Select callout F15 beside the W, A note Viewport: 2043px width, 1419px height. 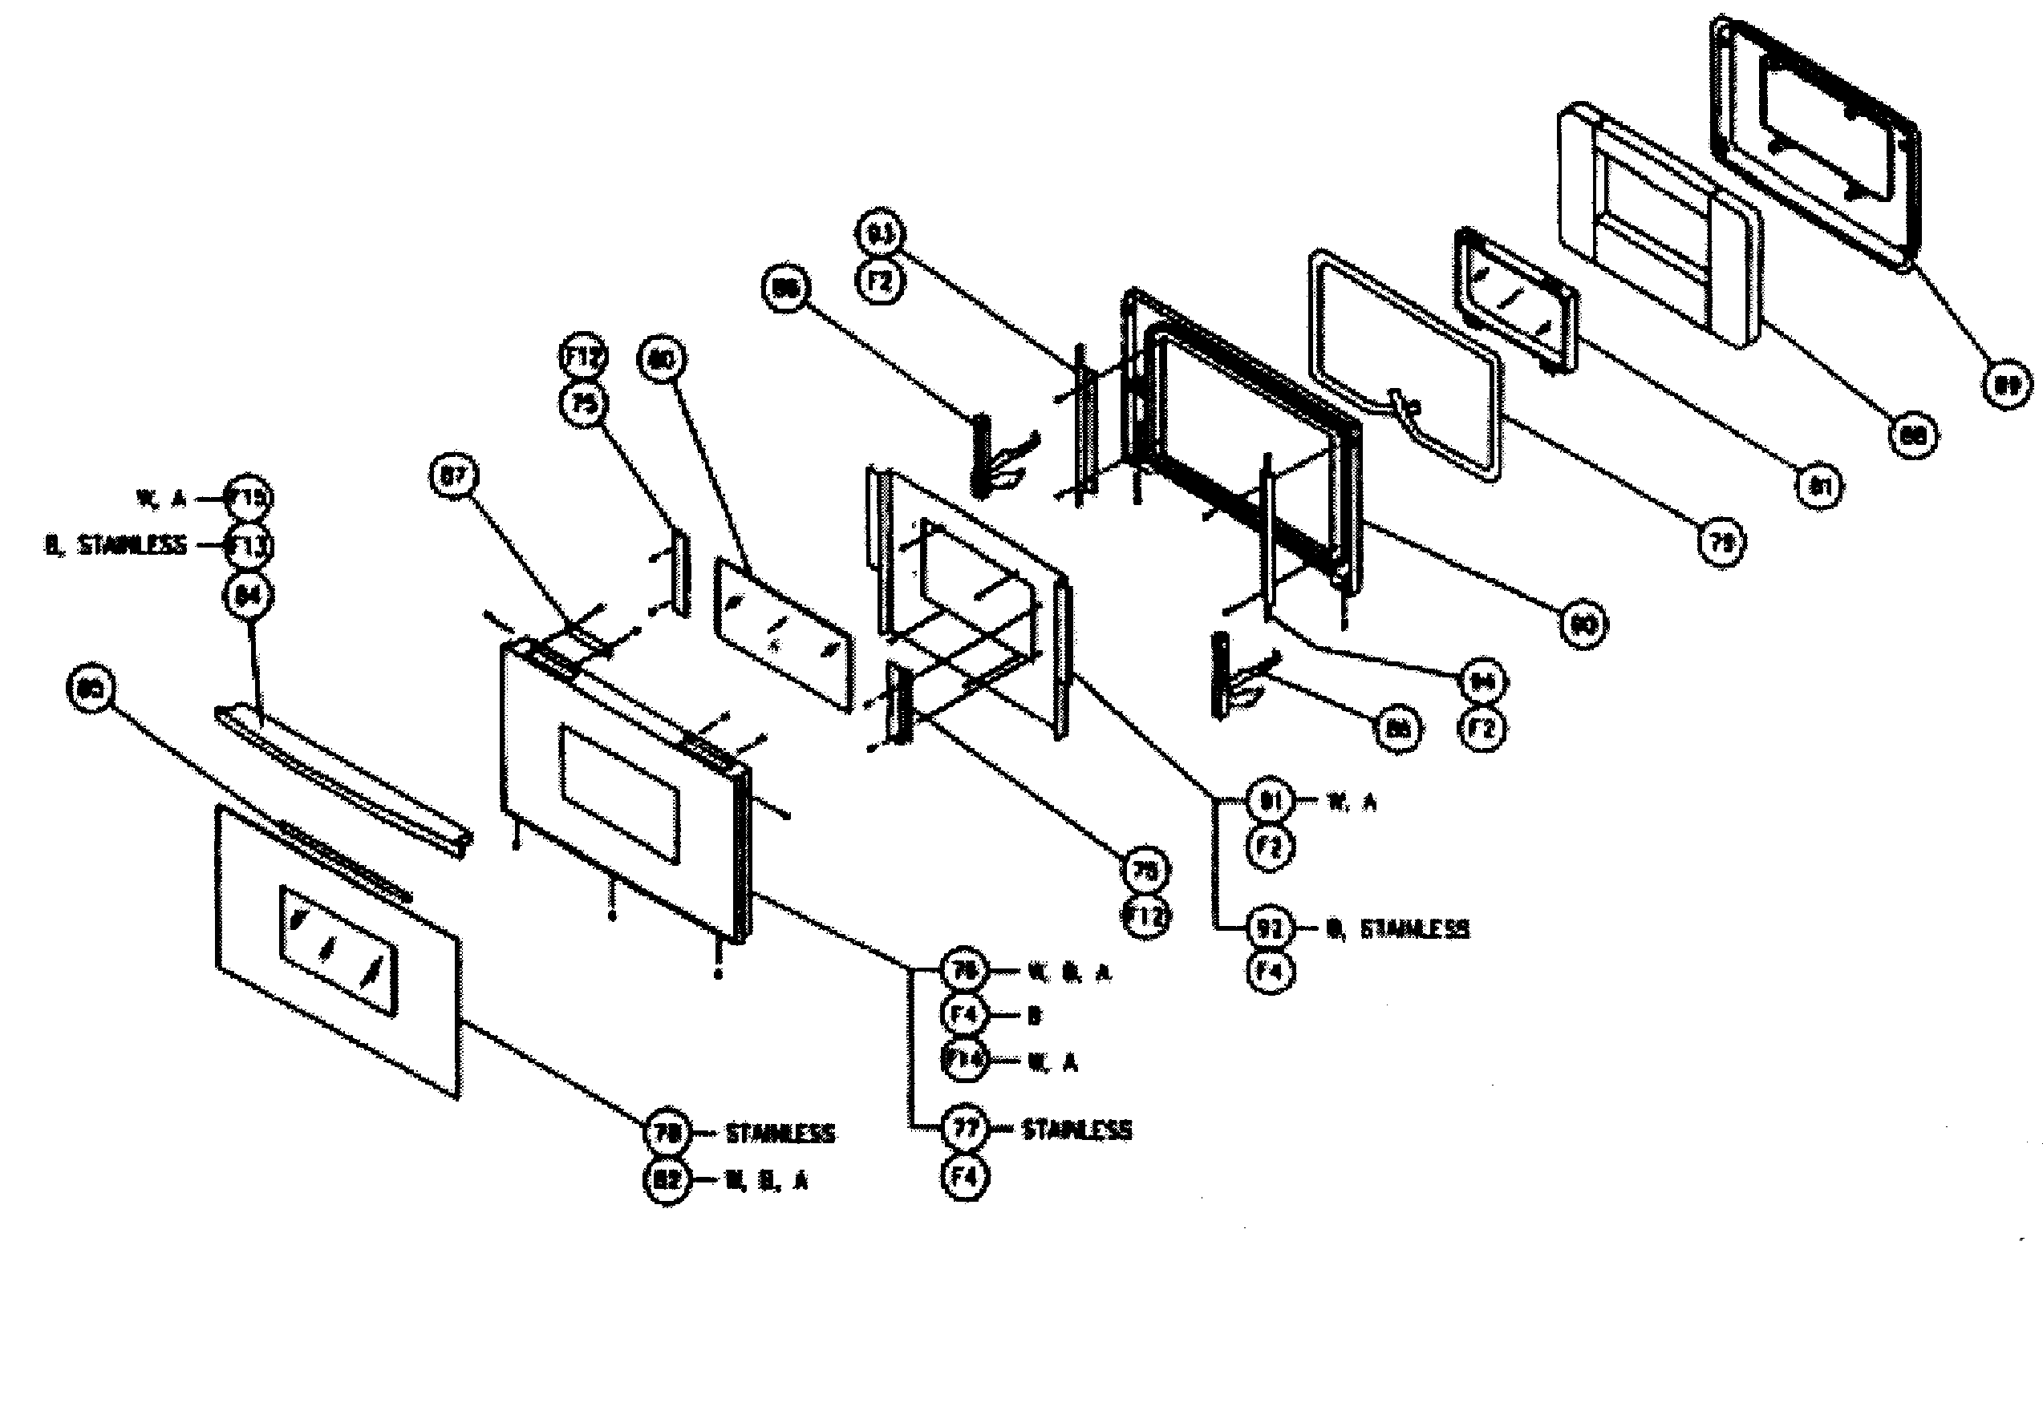pyautogui.click(x=248, y=498)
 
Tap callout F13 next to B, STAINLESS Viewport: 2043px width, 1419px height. pyautogui.click(x=248, y=545)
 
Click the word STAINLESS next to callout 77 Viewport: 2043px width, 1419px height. pyautogui.click(x=1076, y=1130)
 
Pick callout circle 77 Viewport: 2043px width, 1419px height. pyautogui.click(x=965, y=1129)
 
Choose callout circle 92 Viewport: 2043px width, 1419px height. pyautogui.click(x=1270, y=928)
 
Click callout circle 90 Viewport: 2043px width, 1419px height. pyautogui.click(x=1583, y=625)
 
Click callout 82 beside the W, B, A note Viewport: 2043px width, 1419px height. pyautogui.click(x=667, y=1180)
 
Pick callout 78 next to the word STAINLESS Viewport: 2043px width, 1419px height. pyautogui.click(x=667, y=1132)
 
